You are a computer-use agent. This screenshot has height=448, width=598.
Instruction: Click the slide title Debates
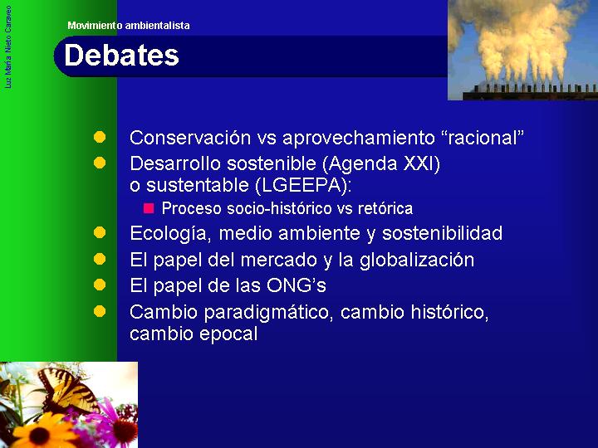pos(121,56)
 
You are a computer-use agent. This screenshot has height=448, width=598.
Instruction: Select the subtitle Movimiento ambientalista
pos(129,26)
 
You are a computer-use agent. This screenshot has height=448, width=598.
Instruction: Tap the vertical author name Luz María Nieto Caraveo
pos(8,47)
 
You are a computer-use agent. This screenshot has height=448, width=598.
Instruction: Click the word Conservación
pos(190,138)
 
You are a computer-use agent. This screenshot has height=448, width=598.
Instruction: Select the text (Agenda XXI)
pos(381,163)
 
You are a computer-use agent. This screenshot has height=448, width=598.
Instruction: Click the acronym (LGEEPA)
pos(301,185)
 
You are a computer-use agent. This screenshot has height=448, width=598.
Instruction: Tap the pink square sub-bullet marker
pos(149,208)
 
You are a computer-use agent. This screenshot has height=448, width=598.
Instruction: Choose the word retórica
pos(385,208)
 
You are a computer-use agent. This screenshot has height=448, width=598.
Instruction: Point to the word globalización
pos(417,260)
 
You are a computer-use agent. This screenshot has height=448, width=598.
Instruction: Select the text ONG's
pos(297,285)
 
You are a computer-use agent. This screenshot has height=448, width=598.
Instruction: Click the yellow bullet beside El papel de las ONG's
pos(100,285)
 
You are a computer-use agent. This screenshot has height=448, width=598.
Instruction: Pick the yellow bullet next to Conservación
pos(100,137)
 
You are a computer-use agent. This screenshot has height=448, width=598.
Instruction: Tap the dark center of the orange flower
pos(39,436)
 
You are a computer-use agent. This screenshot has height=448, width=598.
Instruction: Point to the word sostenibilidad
pos(443,233)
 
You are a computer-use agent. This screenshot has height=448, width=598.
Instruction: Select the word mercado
pos(279,260)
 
